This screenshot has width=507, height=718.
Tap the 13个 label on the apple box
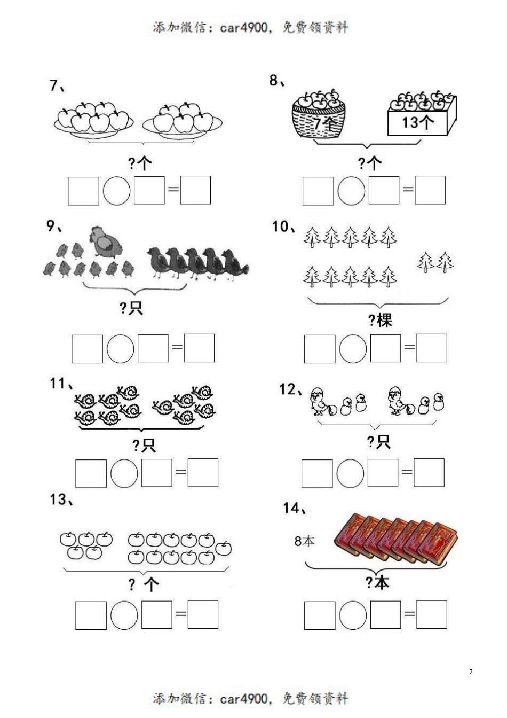coord(418,123)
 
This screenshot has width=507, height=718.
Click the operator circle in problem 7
coord(116,191)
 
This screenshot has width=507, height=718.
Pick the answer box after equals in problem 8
coord(430,191)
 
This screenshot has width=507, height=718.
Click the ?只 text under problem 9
coord(131,308)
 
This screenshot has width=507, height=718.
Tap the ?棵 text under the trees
coord(380,320)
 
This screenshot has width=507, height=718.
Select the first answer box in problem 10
coord(320,349)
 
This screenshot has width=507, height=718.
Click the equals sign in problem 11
coord(181,472)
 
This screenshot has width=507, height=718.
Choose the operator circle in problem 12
coord(351,473)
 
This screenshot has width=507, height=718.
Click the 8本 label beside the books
coord(305,541)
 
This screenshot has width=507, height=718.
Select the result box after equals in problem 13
coord(203,614)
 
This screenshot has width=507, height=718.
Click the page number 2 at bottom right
coord(471,672)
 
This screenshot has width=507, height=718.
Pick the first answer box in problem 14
coord(320,615)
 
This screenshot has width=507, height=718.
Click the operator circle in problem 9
coord(120,348)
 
